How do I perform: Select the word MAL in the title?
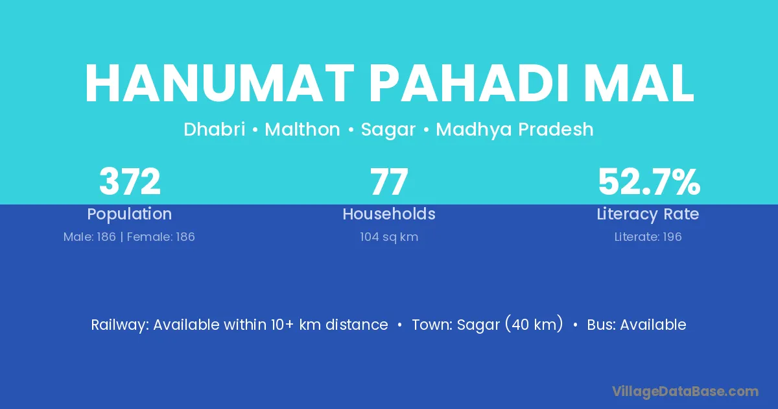click(639, 83)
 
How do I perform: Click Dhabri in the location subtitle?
click(215, 129)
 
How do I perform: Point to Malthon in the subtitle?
click(302, 129)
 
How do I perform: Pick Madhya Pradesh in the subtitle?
click(515, 130)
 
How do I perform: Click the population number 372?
click(130, 182)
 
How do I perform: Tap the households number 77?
click(389, 182)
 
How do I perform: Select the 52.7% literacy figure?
click(649, 182)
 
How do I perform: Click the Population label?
click(130, 214)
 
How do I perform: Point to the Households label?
click(389, 214)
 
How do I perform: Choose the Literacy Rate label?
click(648, 214)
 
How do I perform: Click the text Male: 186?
click(89, 237)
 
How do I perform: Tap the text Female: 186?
click(161, 237)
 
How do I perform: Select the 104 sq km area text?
click(389, 237)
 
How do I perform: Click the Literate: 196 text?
click(648, 237)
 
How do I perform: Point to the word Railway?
click(120, 325)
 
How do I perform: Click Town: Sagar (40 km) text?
click(488, 325)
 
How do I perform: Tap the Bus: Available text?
click(637, 325)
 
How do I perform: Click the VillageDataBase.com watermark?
click(685, 391)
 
